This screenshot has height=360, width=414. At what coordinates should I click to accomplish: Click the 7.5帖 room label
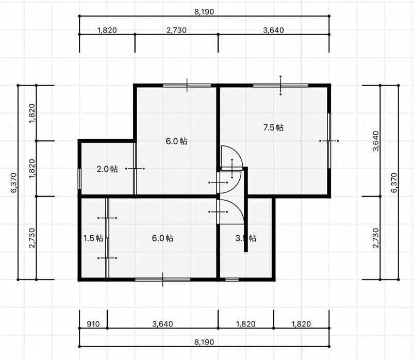pyautogui.click(x=273, y=127)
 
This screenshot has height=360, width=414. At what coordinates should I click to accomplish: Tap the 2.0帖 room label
pyautogui.click(x=107, y=169)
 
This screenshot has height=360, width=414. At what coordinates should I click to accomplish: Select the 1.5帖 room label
pyautogui.click(x=93, y=238)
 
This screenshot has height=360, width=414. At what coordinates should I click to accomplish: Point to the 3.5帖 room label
pyautogui.click(x=246, y=238)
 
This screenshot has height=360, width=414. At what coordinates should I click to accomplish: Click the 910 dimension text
pyautogui.click(x=93, y=324)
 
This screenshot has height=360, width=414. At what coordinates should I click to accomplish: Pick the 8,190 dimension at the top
pyautogui.click(x=204, y=12)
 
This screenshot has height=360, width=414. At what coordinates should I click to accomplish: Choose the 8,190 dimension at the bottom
pyautogui.click(x=204, y=342)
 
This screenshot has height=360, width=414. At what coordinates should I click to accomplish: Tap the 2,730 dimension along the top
pyautogui.click(x=176, y=30)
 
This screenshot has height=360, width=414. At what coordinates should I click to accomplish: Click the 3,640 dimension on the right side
pyautogui.click(x=375, y=141)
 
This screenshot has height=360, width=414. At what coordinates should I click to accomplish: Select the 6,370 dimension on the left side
pyautogui.click(x=13, y=183)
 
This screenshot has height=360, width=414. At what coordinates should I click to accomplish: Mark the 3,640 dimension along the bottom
pyautogui.click(x=162, y=324)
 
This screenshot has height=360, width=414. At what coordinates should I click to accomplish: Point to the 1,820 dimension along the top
pyautogui.click(x=107, y=30)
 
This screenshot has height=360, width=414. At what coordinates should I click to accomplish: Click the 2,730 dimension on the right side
pyautogui.click(x=375, y=238)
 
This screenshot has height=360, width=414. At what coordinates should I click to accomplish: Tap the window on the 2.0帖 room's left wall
pyautogui.click(x=79, y=179)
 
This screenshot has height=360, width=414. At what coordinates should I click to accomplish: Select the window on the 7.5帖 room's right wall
pyautogui.click(x=329, y=141)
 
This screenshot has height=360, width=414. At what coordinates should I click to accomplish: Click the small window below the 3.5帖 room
pyautogui.click(x=232, y=280)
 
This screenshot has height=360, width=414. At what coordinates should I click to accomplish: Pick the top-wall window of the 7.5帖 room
pyautogui.click(x=280, y=85)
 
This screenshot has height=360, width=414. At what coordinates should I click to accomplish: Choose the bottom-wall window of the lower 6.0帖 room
pyautogui.click(x=162, y=280)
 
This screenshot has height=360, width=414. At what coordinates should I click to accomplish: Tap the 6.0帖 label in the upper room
pyautogui.click(x=176, y=141)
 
